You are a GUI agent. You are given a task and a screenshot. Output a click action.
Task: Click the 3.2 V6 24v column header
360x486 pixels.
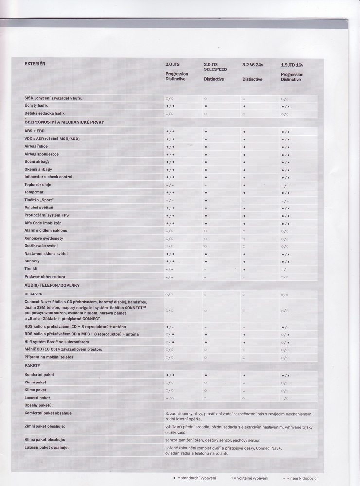coord(252,64)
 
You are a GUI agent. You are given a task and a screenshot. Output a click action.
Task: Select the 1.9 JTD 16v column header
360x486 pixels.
coord(291,64)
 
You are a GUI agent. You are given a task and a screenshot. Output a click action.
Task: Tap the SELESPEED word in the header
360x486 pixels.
coord(216,69)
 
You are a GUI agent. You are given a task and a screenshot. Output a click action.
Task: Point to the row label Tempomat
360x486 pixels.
coord(34,192)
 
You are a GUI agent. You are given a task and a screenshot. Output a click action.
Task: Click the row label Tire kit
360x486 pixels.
coord(31,269)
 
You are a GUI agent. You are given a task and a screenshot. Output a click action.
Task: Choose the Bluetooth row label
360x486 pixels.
coord(34,294)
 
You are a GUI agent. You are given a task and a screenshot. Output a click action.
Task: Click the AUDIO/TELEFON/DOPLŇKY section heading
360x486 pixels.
coord(52,285)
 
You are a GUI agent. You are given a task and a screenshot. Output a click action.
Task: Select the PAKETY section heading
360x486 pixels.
coord(33,365)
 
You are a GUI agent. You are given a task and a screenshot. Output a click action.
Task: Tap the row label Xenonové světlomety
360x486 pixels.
coord(44,238)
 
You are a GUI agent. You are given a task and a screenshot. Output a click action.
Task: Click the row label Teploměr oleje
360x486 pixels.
coord(38,185)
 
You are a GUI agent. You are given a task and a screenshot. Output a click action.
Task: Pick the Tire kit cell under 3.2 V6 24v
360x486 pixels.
coord(244,269)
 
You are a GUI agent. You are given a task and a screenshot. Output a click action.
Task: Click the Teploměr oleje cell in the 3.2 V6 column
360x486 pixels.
coord(244,185)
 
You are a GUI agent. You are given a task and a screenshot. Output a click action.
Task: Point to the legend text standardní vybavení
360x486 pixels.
coord(197,478)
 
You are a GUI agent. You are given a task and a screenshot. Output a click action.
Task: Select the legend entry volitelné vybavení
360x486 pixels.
coord(252,478)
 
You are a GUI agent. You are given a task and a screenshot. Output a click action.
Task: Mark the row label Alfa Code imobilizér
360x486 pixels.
coord(42,223)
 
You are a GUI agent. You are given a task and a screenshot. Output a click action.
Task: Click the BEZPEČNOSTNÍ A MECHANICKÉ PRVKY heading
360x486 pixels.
coord(64,122)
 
